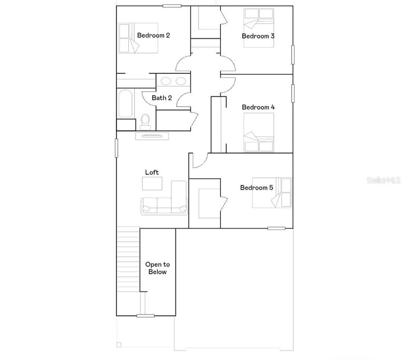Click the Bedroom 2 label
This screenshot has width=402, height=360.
coord(153,35)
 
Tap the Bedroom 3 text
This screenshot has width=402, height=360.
coord(258,36)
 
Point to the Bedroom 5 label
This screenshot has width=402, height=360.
coord(256,187)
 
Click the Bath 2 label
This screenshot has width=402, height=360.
coord(162,98)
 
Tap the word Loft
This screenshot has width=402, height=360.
coord(152,172)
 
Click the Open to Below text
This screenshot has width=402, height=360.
coord(157,268)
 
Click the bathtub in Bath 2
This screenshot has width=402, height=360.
coord(125,104)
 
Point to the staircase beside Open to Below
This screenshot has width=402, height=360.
coord(128,259)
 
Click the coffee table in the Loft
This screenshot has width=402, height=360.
coord(152,184)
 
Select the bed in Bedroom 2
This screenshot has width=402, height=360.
coord(138,38)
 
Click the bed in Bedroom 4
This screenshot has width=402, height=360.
coord(259,132)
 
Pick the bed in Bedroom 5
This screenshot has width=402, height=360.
coord(272,193)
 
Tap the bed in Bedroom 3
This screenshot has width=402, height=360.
coord(259,28)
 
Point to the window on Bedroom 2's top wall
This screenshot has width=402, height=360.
coord(172,6)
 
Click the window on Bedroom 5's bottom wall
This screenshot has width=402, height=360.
coord(276,228)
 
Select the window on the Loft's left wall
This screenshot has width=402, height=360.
coord(116,148)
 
